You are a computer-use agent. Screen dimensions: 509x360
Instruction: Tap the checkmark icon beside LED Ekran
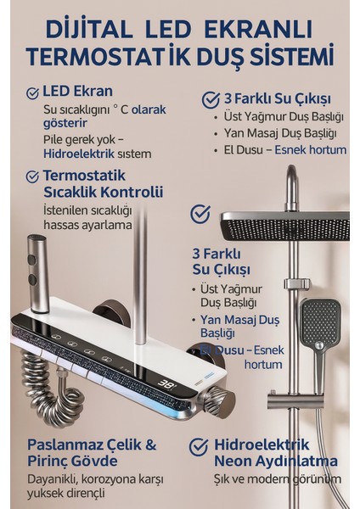(33, 92)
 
